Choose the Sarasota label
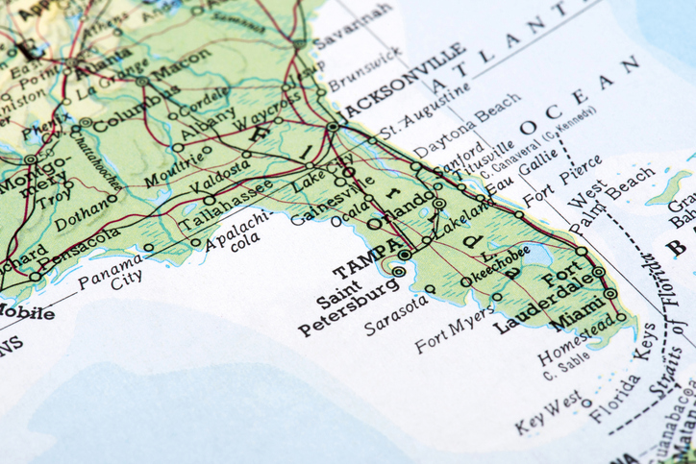click(x=393, y=316)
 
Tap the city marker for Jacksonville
click(x=334, y=126)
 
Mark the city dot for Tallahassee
click(x=210, y=201)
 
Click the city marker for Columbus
click(x=87, y=123)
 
